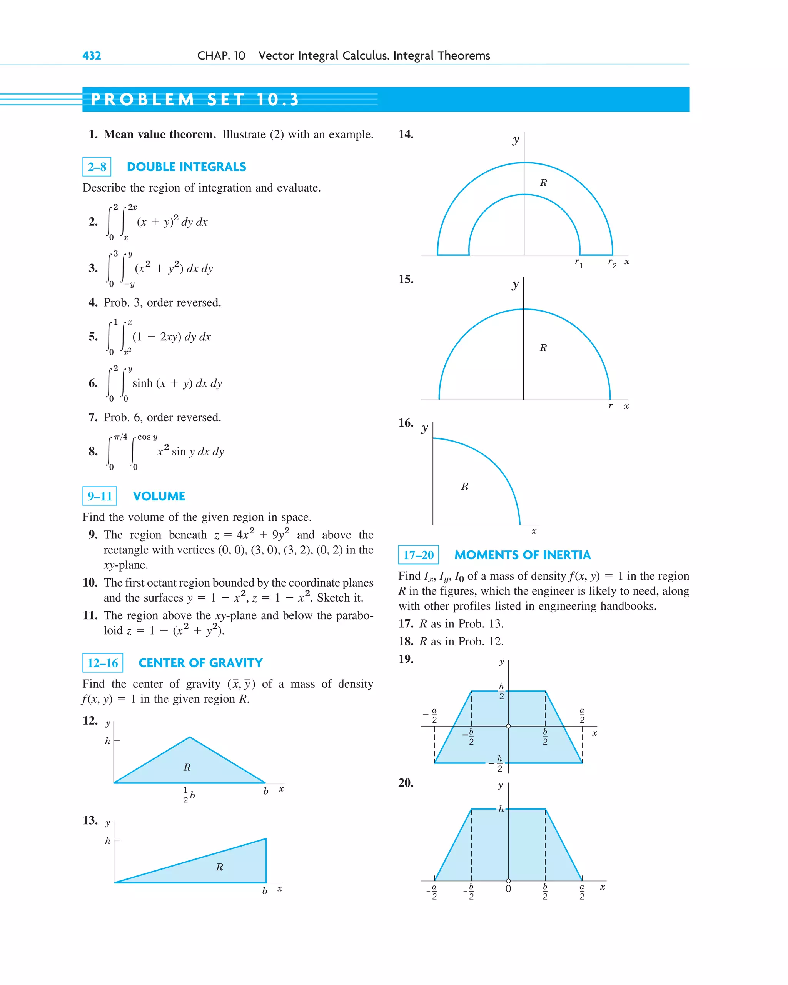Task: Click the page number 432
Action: [x=92, y=56]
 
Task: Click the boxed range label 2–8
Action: [x=97, y=167]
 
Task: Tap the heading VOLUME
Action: [x=159, y=496]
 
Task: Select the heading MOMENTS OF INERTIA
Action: [x=522, y=555]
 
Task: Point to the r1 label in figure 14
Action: [x=578, y=263]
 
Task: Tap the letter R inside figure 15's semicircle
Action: [x=543, y=348]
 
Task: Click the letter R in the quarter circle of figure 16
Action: [x=464, y=487]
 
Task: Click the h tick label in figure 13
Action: [x=108, y=841]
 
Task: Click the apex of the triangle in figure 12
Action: [x=190, y=737]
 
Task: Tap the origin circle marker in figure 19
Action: [x=508, y=726]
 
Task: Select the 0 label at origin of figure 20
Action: [x=508, y=888]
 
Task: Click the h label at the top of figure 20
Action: [x=501, y=809]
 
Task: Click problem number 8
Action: [x=93, y=452]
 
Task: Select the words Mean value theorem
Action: [x=160, y=134]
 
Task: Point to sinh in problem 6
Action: [x=142, y=383]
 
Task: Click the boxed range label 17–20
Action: [x=418, y=555]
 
